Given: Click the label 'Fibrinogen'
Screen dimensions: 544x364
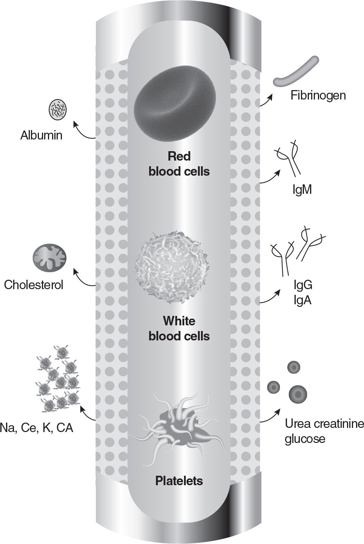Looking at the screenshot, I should (x=318, y=95).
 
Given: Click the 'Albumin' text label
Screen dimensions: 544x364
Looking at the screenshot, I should (x=41, y=135).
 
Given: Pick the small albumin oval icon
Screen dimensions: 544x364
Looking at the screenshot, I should (x=59, y=109).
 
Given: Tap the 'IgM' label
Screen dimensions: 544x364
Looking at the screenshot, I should (x=302, y=189).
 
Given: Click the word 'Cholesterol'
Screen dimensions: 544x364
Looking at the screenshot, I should (x=34, y=284).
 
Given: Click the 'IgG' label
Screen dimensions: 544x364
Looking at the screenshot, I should (x=303, y=285).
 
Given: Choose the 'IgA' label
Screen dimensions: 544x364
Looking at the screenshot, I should (x=302, y=300).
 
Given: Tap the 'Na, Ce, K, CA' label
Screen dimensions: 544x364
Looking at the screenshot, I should (x=37, y=428).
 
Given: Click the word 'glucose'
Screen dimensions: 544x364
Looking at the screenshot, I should (x=305, y=439).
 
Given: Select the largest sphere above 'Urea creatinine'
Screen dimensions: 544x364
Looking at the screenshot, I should (x=298, y=394).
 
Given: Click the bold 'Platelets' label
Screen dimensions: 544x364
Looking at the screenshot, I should (x=179, y=481).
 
